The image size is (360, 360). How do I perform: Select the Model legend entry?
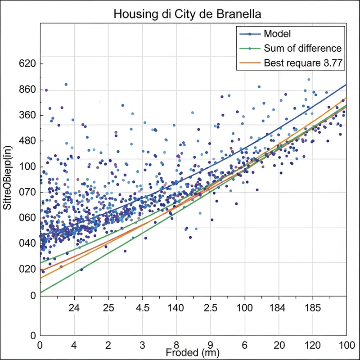click(x=277, y=34)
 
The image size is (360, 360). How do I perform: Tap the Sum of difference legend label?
click(x=302, y=49)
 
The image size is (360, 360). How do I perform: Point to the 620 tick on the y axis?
click(x=27, y=64)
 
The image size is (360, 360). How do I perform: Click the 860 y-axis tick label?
click(x=27, y=90)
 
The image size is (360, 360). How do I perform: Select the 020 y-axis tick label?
click(x=27, y=269)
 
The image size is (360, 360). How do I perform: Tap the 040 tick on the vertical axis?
click(x=27, y=243)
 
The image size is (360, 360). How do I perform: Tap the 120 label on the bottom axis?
click(x=313, y=344)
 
